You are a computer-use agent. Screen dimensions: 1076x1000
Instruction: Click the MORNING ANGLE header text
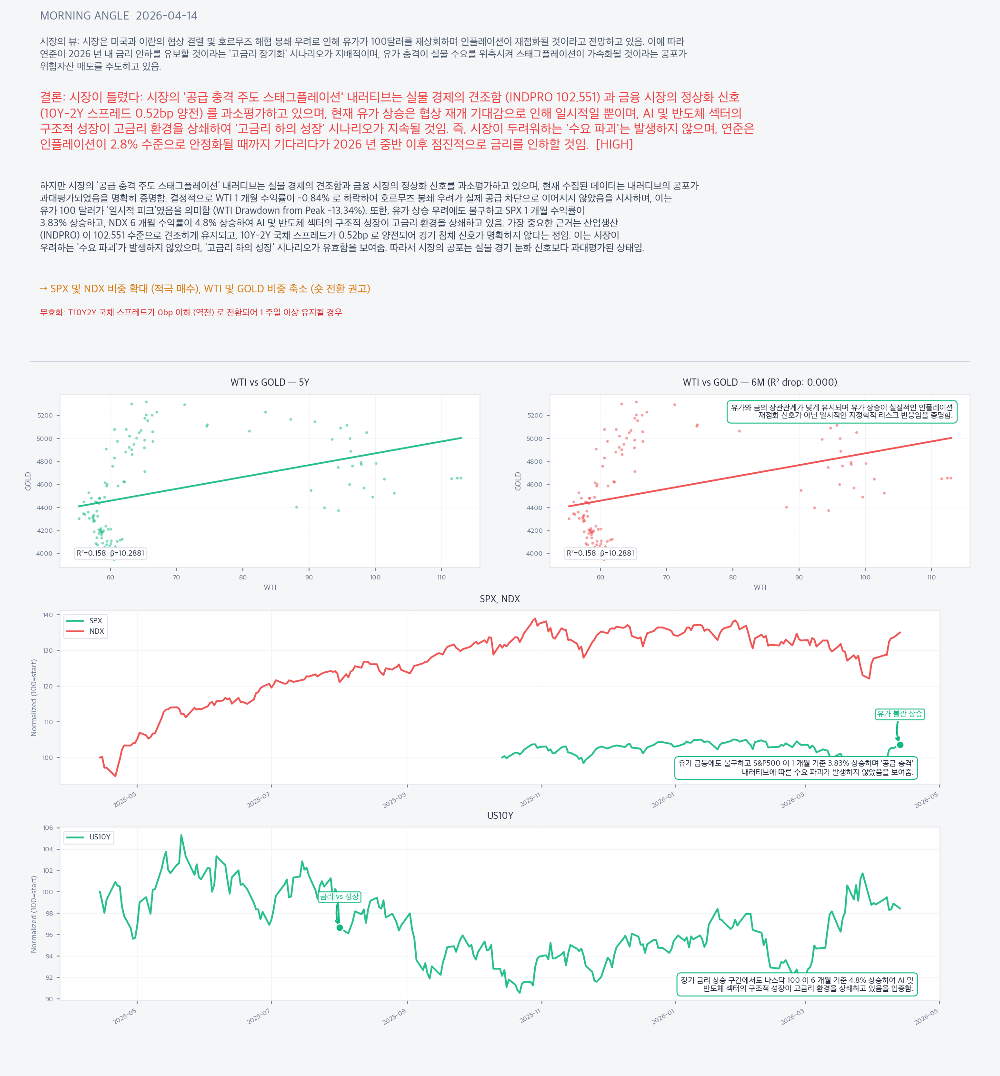(84, 16)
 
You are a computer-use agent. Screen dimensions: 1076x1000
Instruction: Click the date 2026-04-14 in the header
(167, 16)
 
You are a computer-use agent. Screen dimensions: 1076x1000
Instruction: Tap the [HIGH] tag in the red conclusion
(614, 144)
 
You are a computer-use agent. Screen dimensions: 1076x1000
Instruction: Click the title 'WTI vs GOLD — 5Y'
(270, 382)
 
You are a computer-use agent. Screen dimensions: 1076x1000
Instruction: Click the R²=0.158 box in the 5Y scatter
(110, 553)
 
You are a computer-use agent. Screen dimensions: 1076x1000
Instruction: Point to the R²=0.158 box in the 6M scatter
(600, 553)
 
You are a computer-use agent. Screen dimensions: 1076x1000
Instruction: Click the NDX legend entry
(96, 631)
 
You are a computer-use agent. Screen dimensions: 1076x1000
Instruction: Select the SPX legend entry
(95, 620)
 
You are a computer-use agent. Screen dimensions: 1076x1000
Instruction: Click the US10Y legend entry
(100, 837)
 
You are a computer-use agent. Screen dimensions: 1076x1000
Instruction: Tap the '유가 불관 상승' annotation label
(900, 714)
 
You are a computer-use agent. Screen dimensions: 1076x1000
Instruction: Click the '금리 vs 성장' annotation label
(339, 897)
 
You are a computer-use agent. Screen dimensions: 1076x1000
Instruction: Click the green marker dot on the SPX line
(900, 745)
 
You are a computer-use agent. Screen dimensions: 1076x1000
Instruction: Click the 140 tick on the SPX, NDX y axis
(48, 615)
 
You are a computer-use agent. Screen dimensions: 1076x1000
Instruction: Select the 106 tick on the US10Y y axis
(48, 827)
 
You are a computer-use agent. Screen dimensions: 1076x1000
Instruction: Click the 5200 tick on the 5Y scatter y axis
(45, 416)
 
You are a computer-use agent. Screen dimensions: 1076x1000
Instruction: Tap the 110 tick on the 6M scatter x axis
(931, 577)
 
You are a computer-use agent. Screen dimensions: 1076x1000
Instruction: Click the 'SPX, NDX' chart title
(500, 599)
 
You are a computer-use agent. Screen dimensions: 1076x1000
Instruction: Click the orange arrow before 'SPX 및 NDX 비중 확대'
(43, 289)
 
